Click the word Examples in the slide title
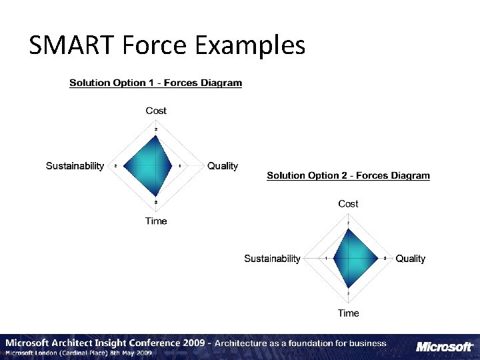pos(250,45)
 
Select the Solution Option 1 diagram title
pos(155,83)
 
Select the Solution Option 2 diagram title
pos(348,176)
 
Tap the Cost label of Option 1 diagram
pos(156,111)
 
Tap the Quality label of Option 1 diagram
pos(222,165)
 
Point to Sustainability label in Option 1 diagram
pos(75,165)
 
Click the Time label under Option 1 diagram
pos(156,221)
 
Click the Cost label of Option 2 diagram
pos(348,203)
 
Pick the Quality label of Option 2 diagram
pos(410,258)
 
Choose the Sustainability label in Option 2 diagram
pos(272,258)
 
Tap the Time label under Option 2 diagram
pos(348,313)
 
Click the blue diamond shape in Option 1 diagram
pos(154,167)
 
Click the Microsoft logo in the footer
pos(445,347)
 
